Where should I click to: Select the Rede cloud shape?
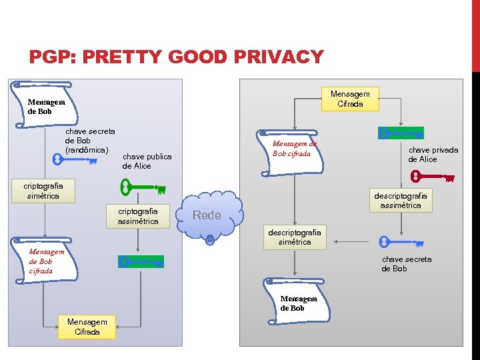(x=208, y=215)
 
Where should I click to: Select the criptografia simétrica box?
(x=43, y=191)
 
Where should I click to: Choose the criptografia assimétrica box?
(x=138, y=216)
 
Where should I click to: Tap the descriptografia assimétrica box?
(x=401, y=200)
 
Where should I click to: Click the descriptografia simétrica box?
(x=294, y=237)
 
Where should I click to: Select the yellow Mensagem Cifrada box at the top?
(x=350, y=99)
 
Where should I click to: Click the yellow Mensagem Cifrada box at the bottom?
(x=87, y=327)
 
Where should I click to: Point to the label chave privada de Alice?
(x=433, y=155)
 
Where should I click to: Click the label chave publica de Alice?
(x=147, y=161)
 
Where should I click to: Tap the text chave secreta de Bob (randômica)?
(x=89, y=141)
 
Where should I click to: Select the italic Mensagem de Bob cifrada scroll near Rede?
(x=294, y=149)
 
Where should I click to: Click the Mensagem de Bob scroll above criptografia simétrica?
(x=47, y=106)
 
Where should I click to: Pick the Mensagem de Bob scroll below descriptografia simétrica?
(x=299, y=303)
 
